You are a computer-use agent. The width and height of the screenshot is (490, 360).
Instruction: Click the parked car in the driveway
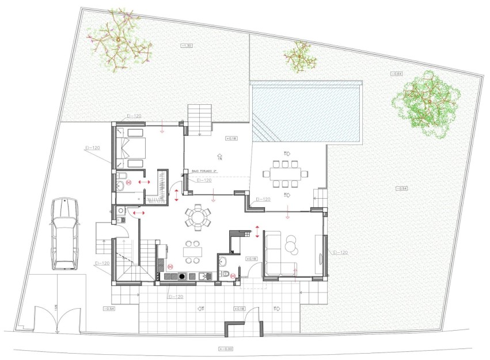point(63,233)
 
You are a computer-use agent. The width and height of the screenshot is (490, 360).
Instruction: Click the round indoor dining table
point(197,218)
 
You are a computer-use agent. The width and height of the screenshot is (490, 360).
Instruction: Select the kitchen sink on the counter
point(204,276)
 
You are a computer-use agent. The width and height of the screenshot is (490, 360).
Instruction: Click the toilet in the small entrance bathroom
point(225,274)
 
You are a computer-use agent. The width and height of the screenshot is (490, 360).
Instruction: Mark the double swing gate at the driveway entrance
point(56,320)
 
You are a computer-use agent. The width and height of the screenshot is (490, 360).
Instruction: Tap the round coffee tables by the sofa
point(293,245)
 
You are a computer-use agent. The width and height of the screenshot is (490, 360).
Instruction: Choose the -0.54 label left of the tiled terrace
point(109,309)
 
